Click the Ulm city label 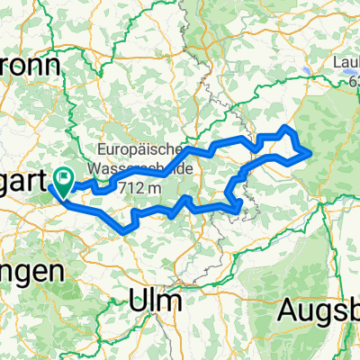tap(156, 299)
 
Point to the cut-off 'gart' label tap(22, 183)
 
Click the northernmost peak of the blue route tap(288, 126)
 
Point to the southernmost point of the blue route tap(122, 232)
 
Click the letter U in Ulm tap(140, 299)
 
